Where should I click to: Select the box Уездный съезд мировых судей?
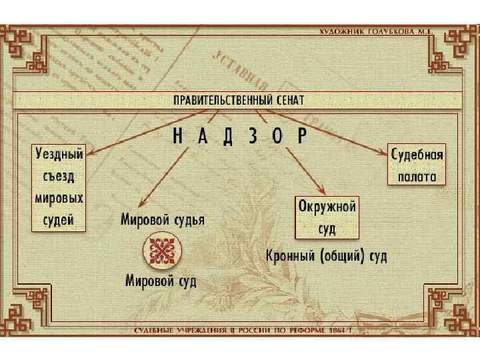pyautogui.click(x=59, y=188)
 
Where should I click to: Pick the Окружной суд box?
pyautogui.click(x=327, y=217)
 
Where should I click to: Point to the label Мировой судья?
pyautogui.click(x=163, y=219)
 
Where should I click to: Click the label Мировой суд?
pyautogui.click(x=161, y=280)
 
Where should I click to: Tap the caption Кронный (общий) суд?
pyautogui.click(x=325, y=255)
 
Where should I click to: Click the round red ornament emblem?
pyautogui.click(x=161, y=251)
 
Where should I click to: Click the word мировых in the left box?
pyautogui.click(x=59, y=199)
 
